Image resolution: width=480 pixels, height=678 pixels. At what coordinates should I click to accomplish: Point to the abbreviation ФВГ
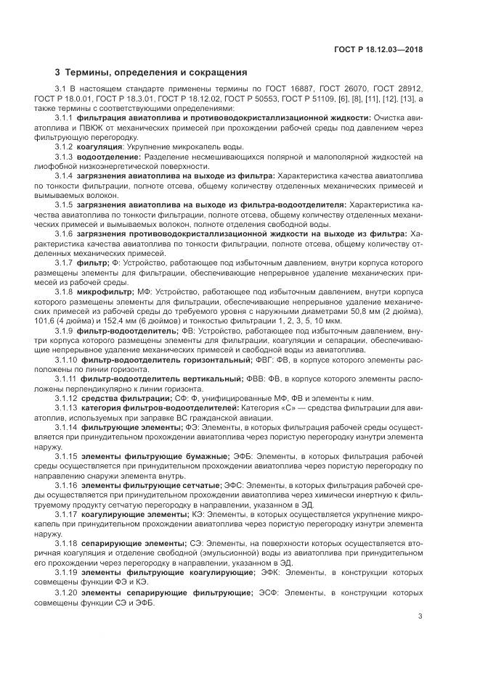coord(266,358)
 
